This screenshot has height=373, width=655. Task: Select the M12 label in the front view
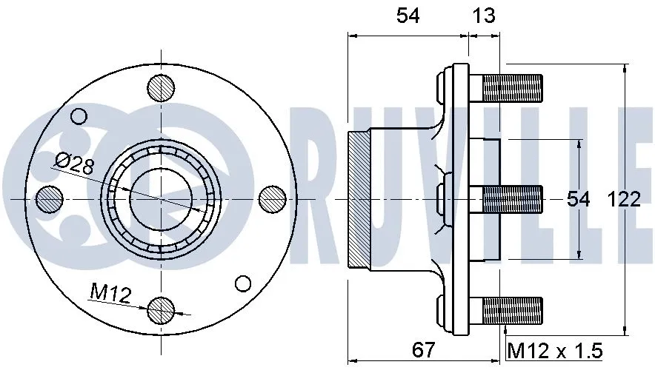pos(110,294)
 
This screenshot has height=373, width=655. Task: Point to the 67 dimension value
pos(424,348)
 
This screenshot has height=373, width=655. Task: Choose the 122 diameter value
pos(624,199)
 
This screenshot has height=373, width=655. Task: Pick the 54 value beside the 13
pos(408,16)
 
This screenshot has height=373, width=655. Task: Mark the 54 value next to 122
pos(578,199)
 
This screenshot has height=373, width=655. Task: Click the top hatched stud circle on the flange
pos(161,88)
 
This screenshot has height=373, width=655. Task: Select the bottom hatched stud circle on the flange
pos(161,310)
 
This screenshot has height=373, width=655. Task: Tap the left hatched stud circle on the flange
pos(50,198)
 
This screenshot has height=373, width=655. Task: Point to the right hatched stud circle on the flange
pos(272,198)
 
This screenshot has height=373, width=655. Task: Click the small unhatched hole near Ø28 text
pos(79,116)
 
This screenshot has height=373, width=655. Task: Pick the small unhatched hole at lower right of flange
pos(242,283)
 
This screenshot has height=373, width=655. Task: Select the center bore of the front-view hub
pos(161,198)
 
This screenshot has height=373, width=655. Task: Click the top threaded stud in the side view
pos(512,89)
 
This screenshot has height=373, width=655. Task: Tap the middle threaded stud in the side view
pos(512,198)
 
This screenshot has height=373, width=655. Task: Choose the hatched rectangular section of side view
pos(359,198)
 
